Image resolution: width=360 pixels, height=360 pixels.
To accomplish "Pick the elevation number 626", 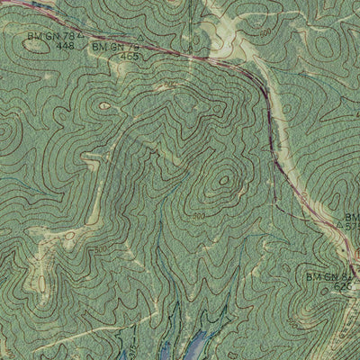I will [x=343, y=286].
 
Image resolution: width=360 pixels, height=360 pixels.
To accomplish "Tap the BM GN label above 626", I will [x=331, y=276].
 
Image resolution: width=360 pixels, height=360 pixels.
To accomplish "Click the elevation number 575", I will [x=352, y=229].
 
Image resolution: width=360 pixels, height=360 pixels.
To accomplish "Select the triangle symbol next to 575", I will [x=339, y=228].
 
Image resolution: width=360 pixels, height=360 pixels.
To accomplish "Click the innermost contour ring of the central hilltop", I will [x=222, y=184].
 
